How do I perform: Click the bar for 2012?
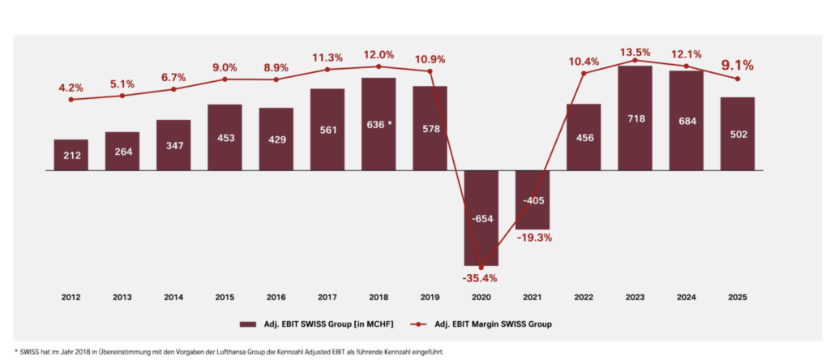[x=71, y=155]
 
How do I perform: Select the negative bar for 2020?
[x=481, y=217]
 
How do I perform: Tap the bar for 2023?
[x=635, y=118]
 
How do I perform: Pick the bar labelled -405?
[x=533, y=199]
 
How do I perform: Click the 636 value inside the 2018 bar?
[x=374, y=123]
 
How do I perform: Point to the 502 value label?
[x=738, y=137]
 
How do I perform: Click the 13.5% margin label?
[x=635, y=53]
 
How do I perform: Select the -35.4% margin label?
[x=481, y=279]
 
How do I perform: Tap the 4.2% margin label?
[x=71, y=87]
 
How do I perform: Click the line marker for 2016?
[x=276, y=79]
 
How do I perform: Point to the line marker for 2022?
[x=584, y=73]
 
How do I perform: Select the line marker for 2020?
[x=481, y=267]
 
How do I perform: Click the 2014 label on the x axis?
[x=173, y=298]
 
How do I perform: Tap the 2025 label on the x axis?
[x=738, y=298]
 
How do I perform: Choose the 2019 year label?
[x=430, y=298]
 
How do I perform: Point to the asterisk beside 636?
[x=391, y=122]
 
